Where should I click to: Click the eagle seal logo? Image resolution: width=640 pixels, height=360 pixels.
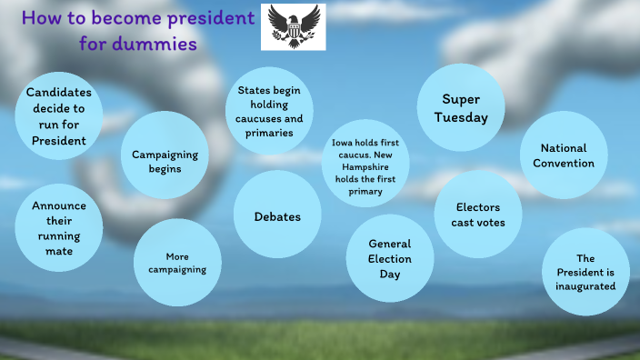(293, 26)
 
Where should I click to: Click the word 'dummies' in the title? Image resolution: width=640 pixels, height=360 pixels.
(151, 43)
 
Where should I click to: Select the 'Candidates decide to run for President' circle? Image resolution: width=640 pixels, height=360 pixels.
(59, 116)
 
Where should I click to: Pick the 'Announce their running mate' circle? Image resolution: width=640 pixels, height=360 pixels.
(59, 227)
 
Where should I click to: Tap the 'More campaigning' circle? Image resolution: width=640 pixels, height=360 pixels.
(178, 263)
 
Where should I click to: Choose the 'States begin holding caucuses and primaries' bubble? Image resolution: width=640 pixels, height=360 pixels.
(269, 111)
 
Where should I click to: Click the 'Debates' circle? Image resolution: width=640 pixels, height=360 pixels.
(277, 216)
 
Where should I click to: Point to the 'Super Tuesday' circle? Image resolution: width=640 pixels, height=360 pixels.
(460, 108)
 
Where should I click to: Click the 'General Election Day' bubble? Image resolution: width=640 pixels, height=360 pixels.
(390, 258)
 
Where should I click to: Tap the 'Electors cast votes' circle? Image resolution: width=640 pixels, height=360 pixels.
(478, 215)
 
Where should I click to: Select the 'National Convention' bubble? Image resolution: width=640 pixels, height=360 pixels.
(564, 155)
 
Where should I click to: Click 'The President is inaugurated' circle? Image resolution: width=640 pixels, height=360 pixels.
(585, 273)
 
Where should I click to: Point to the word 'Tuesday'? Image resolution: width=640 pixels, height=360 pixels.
(460, 117)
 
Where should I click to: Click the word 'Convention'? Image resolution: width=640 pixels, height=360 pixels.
(564, 164)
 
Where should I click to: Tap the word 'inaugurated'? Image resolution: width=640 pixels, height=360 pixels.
(585, 286)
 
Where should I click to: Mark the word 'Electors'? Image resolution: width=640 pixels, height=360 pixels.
(478, 207)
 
